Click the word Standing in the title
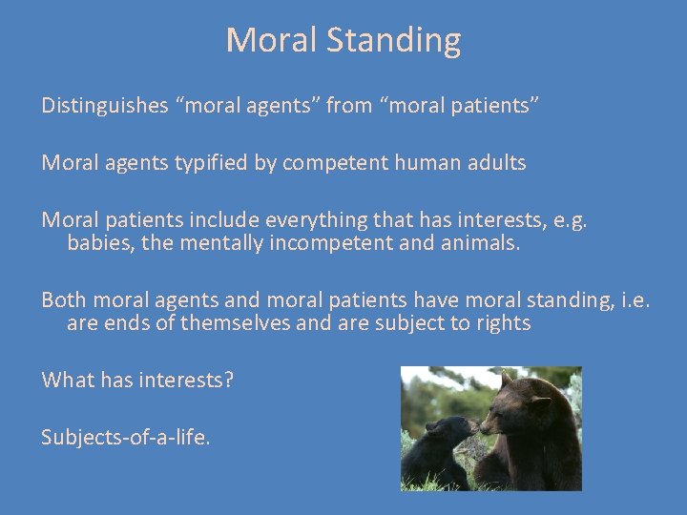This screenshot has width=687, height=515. click(396, 40)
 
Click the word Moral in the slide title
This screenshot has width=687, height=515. click(274, 40)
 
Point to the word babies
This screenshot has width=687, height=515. click(99, 243)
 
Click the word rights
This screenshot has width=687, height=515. click(502, 323)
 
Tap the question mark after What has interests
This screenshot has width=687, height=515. click(229, 381)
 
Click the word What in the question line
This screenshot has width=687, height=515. click(66, 381)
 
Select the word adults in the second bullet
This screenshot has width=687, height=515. click(495, 163)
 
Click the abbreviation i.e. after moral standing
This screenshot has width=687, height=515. click(631, 300)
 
